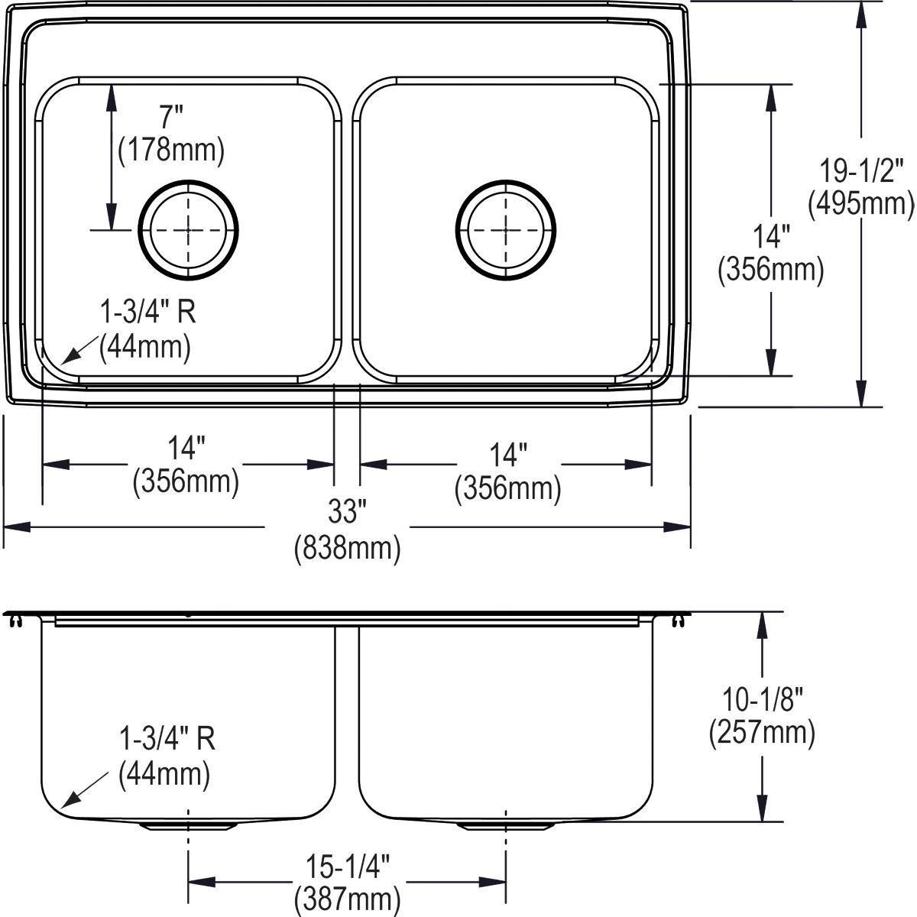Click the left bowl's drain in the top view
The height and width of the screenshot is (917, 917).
[x=188, y=229]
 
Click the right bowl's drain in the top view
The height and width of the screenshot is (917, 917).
[x=506, y=229]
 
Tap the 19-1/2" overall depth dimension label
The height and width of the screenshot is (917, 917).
[x=861, y=169]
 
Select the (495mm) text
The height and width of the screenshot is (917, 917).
[x=861, y=203]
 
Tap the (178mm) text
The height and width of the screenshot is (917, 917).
[x=171, y=151]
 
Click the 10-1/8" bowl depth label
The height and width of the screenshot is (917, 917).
[x=761, y=698]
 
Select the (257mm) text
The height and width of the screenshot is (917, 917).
[x=762, y=732]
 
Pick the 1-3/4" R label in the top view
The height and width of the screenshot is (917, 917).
[x=144, y=313]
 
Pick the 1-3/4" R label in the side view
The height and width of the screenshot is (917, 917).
[x=167, y=740]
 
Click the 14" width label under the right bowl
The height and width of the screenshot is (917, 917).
[x=508, y=455]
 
